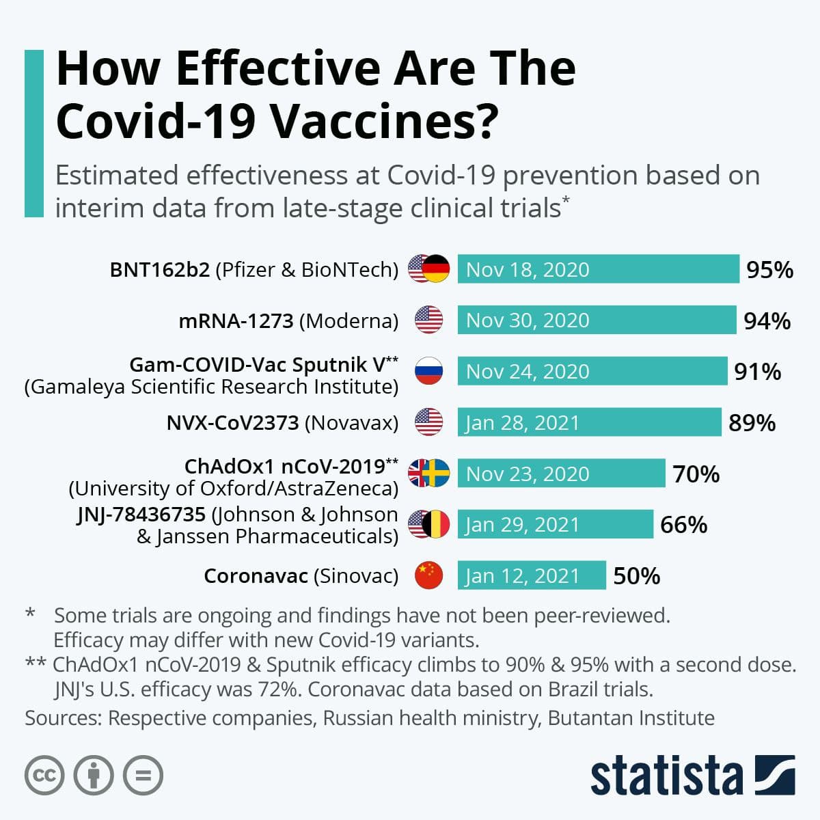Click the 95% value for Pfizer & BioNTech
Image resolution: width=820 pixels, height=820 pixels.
[x=769, y=270]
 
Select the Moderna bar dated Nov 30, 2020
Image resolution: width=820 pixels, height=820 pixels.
[x=597, y=320]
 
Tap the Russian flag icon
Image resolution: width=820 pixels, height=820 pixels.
[x=428, y=371]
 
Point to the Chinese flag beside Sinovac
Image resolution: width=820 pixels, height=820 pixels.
[x=428, y=575]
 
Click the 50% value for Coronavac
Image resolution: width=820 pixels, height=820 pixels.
[x=636, y=576]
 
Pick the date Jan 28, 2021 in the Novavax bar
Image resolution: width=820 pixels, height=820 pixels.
[x=523, y=423]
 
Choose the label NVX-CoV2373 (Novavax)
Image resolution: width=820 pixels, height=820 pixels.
[x=282, y=423]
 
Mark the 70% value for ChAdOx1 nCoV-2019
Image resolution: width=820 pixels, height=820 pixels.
[x=696, y=474]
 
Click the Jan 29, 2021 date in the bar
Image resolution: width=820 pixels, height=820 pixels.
[x=523, y=525]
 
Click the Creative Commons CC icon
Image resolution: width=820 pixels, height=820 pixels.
[x=44, y=775]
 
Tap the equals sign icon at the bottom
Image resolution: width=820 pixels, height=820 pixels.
[x=143, y=775]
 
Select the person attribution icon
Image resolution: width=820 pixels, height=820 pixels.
[x=94, y=775]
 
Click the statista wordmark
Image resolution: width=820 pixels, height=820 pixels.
[x=666, y=776]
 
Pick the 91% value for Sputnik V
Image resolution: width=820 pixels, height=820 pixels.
[x=757, y=372]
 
